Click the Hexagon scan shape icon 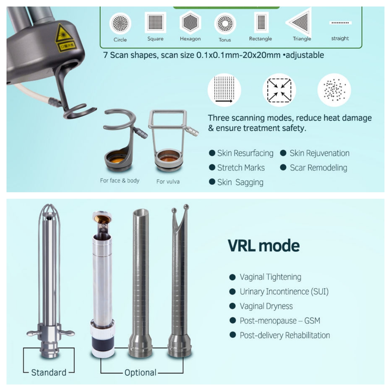click(190, 22)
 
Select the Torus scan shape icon click(225, 23)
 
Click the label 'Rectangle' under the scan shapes click(260, 38)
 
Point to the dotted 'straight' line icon click(340, 23)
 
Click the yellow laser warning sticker click(62, 33)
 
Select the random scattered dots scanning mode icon click(334, 90)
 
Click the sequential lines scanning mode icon click(224, 90)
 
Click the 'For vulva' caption click(168, 181)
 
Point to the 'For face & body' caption click(120, 181)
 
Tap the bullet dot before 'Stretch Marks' click(212, 167)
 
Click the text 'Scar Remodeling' click(318, 167)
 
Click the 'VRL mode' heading click(264, 246)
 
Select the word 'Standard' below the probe click(49, 372)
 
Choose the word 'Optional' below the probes click(140, 372)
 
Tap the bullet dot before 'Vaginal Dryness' click(232, 306)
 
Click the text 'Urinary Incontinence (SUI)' click(284, 291)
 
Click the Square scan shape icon click(155, 22)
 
